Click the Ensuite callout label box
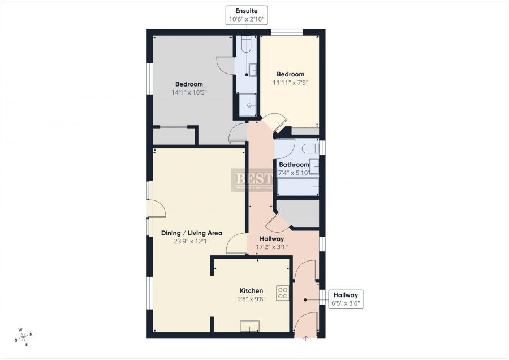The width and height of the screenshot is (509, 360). [x=246, y=15]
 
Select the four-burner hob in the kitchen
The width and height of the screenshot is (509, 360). [x=283, y=293]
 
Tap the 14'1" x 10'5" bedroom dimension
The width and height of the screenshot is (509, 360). [x=189, y=92]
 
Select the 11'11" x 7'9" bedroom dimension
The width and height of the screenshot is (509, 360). [x=290, y=83]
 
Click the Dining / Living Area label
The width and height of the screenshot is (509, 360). [x=191, y=233]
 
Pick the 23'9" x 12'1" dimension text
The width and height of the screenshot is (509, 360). [x=191, y=241]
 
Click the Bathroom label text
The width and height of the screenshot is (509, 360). [x=294, y=165]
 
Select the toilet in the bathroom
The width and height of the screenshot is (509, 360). [x=310, y=148]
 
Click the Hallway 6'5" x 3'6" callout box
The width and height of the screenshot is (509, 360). [x=345, y=299]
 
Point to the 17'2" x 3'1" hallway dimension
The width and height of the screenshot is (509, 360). [x=271, y=247]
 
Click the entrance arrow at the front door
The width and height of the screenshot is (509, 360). [x=306, y=338]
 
